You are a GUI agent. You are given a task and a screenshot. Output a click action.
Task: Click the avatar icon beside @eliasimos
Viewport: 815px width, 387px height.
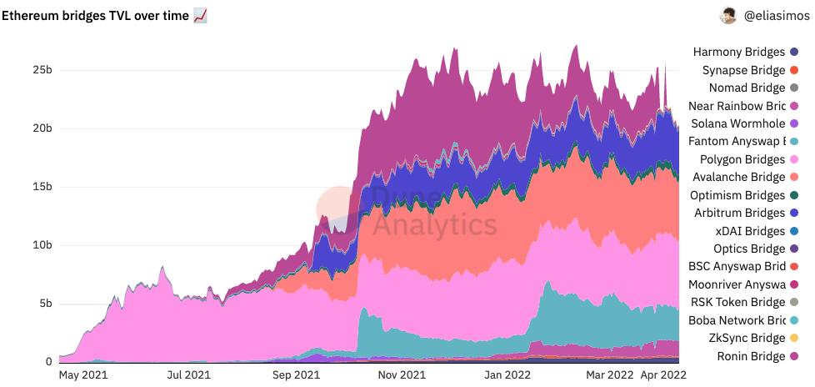[x=727, y=15]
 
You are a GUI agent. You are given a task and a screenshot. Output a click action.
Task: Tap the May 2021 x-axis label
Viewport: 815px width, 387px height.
[x=80, y=376]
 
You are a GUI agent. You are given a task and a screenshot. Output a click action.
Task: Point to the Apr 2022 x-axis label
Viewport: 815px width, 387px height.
[x=663, y=376]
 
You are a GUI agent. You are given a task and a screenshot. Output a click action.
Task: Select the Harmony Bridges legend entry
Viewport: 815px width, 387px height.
[x=738, y=53]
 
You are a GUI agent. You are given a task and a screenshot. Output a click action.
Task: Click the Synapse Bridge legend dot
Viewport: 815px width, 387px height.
[x=793, y=70]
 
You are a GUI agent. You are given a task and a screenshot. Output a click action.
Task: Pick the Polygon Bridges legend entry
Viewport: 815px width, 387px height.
[x=742, y=159]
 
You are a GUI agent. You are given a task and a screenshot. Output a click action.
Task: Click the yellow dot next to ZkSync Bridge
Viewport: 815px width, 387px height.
[x=793, y=339]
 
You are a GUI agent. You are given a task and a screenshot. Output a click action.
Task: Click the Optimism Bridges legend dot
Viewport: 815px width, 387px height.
[x=793, y=195]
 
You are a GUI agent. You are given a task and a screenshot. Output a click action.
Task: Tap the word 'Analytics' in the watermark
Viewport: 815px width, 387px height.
[x=434, y=224]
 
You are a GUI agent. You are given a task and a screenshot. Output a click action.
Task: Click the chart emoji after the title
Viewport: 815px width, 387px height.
[x=200, y=15]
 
